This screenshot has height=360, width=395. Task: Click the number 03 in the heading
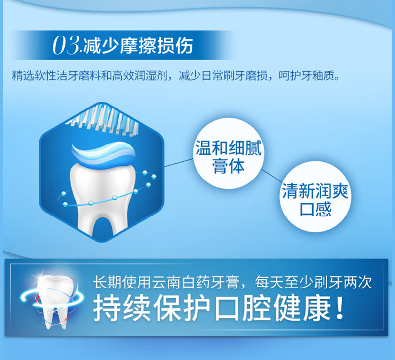pos(66,45)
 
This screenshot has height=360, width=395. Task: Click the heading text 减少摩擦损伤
pos(138,46)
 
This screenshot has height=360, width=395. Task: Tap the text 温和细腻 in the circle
pos(229,147)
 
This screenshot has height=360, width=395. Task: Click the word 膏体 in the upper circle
pos(229,166)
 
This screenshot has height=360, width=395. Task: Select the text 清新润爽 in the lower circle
pos(315,191)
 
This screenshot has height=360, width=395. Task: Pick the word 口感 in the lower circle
pos(315,209)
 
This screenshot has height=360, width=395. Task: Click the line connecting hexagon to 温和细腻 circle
pos(179,163)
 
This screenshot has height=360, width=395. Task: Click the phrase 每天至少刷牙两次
pos(314,282)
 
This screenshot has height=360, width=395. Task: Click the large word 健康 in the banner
pos(302,308)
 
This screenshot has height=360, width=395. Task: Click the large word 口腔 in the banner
pos(242,308)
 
